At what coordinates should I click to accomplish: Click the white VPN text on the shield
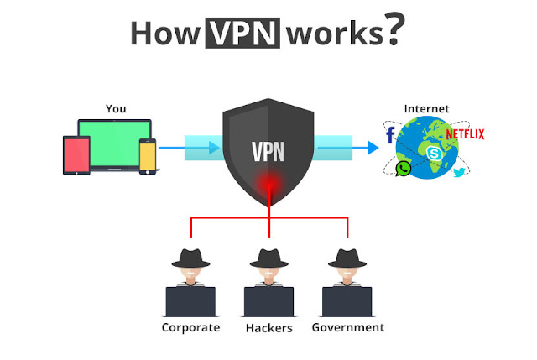click(268, 151)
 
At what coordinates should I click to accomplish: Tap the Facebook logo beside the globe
click(390, 134)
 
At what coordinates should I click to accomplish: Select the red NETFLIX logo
click(465, 134)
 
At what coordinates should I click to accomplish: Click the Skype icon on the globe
click(435, 153)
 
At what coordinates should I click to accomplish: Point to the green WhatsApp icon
click(404, 169)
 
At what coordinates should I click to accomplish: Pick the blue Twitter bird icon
click(459, 171)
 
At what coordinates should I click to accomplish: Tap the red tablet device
click(76, 155)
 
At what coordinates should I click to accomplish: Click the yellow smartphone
click(148, 157)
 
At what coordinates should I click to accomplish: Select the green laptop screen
click(114, 143)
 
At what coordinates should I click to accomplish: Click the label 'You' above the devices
click(116, 108)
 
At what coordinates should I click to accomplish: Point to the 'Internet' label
click(426, 108)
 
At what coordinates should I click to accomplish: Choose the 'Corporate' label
click(190, 328)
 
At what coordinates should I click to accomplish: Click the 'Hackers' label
click(269, 328)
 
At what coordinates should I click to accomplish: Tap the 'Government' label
click(348, 327)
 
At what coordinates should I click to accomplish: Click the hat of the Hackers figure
click(269, 258)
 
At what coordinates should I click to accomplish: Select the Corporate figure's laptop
click(190, 302)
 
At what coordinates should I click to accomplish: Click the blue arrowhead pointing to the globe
click(373, 148)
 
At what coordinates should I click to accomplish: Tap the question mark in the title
click(394, 29)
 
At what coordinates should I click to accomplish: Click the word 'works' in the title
click(335, 34)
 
